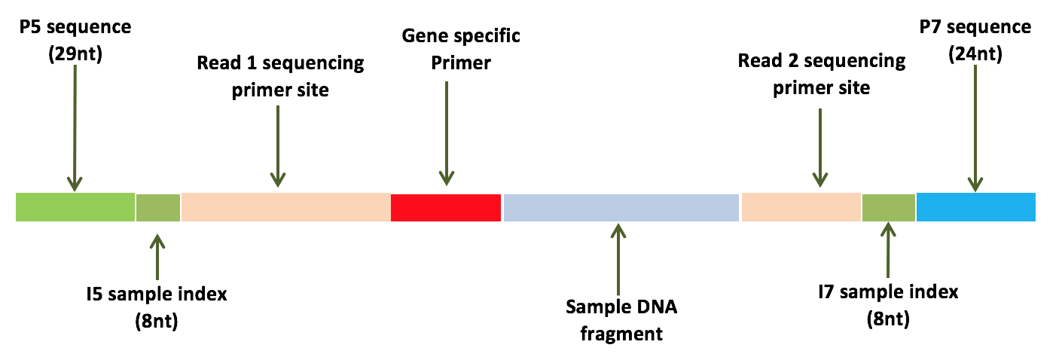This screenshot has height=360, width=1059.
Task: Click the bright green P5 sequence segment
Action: coord(75,207)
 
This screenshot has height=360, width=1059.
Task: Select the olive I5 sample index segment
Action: coord(158,208)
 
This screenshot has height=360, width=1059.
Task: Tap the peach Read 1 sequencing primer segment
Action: coord(286,207)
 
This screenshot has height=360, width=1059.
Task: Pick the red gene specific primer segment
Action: coord(446,208)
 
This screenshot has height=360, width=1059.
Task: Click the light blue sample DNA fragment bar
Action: coord(621,208)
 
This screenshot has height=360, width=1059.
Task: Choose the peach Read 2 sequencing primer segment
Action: coord(801,207)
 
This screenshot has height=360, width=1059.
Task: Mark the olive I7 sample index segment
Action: coord(889,208)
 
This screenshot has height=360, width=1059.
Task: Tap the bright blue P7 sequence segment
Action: coord(976,207)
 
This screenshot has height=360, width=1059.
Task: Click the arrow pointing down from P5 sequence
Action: coord(75,128)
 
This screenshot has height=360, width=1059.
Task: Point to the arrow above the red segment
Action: coord(447,133)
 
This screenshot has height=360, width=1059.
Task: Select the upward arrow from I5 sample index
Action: coord(157,257)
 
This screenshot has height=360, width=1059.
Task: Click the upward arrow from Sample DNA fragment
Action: coord(618,259)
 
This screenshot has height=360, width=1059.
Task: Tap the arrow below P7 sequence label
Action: coord(975,128)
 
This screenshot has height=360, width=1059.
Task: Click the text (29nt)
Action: coord(75,53)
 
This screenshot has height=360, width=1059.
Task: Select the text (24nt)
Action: coord(975,53)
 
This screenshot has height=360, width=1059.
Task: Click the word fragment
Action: coord(621,334)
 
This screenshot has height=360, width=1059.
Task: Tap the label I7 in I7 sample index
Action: coord(826,292)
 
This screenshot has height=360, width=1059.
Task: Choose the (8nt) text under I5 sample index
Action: coord(157,322)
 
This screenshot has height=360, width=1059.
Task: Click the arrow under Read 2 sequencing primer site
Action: coord(820,148)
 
